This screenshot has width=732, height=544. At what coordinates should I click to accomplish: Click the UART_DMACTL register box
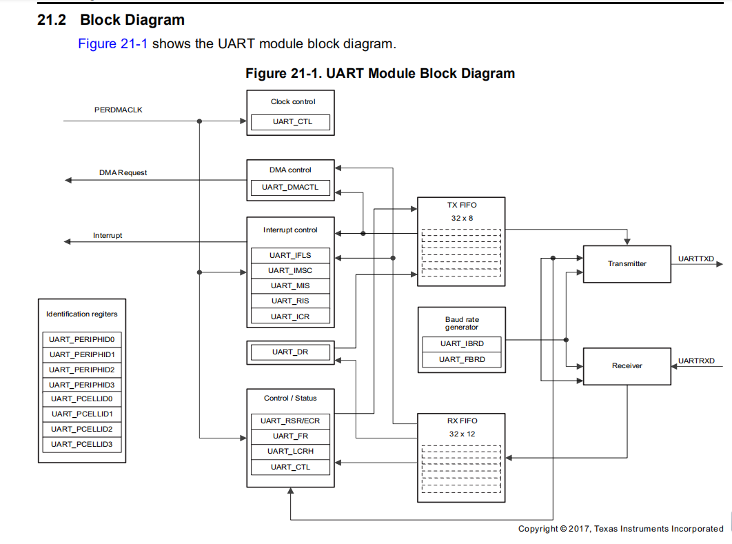click(290, 188)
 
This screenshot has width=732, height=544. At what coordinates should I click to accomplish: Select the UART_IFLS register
click(290, 256)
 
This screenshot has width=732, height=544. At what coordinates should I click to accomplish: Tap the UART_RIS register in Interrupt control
click(290, 301)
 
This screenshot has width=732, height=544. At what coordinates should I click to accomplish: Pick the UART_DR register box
click(290, 352)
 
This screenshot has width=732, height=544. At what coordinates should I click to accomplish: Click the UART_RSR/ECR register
click(290, 421)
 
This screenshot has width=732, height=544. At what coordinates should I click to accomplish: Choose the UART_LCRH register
click(290, 452)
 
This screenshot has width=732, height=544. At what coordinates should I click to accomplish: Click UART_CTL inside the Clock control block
click(290, 123)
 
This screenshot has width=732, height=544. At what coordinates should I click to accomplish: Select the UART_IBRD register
click(462, 344)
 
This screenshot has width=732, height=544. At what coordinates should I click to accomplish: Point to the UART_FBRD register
click(462, 360)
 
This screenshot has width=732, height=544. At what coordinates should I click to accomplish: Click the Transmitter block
click(627, 264)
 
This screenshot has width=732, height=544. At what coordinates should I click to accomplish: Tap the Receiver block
click(627, 366)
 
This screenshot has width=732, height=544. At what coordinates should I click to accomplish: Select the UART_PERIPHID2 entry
click(82, 370)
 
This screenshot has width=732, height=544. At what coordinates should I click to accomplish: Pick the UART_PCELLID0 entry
click(82, 399)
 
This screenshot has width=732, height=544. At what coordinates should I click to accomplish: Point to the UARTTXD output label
click(696, 259)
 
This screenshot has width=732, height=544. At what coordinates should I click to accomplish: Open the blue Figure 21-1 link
click(113, 44)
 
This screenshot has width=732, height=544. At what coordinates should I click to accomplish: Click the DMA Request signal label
click(123, 173)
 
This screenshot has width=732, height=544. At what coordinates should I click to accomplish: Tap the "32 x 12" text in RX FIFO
click(462, 434)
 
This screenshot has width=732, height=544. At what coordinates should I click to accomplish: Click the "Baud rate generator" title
click(462, 323)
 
